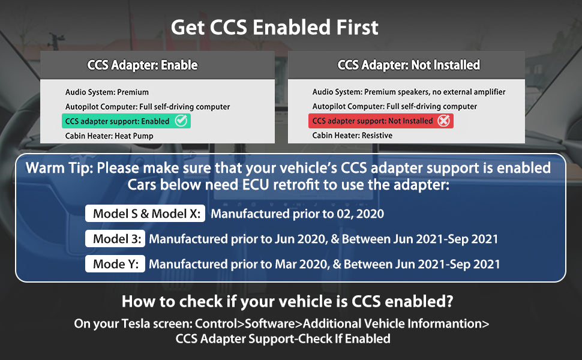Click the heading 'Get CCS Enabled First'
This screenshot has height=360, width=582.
(274, 28)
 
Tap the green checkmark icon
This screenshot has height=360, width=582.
(181, 121)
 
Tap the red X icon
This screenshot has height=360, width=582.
(443, 121)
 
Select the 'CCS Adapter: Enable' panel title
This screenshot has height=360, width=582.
(142, 65)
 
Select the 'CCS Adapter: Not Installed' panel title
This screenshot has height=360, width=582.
(409, 65)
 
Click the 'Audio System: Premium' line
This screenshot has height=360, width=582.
(107, 92)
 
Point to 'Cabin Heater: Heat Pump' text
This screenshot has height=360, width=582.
(109, 136)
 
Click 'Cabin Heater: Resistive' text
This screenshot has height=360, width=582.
(352, 136)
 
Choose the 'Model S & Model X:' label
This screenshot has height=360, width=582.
(145, 214)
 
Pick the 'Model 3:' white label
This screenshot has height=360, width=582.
(115, 239)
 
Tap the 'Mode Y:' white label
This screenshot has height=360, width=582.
(115, 263)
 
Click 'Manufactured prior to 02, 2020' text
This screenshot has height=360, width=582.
(297, 214)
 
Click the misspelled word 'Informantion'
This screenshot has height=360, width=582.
(445, 323)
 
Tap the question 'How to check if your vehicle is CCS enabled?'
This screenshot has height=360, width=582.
(287, 301)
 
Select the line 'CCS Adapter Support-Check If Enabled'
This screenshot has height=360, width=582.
(283, 339)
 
